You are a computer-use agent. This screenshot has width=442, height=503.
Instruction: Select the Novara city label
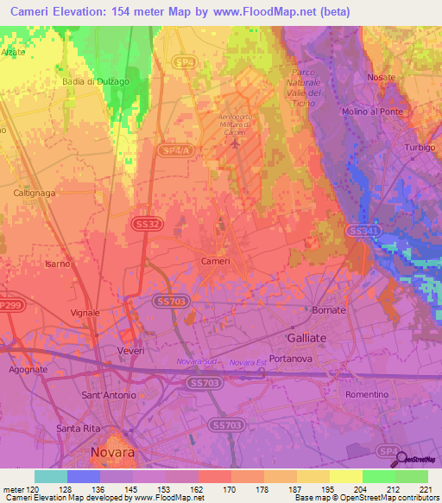tap(112, 452)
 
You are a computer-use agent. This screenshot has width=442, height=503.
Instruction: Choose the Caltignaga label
tap(35, 194)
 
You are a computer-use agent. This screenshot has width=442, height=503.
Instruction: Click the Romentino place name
tap(367, 394)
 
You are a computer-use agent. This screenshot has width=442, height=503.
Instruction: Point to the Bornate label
tap(329, 309)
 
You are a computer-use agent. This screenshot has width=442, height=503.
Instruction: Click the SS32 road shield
tap(145, 223)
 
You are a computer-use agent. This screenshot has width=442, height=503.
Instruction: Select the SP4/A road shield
tap(174, 150)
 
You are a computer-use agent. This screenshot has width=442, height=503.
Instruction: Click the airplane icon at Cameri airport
tap(235, 144)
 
